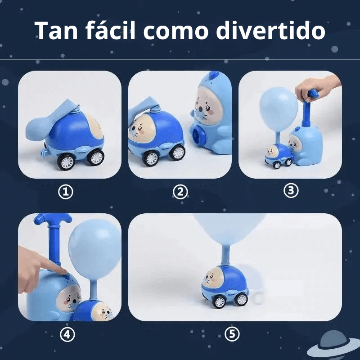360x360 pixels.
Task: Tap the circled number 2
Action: tap(180, 192)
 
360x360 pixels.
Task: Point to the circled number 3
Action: tap(291, 190)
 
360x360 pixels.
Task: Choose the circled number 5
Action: tap(232, 334)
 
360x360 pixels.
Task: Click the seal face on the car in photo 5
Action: tap(213, 277)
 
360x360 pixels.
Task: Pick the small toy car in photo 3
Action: tap(275, 155)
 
